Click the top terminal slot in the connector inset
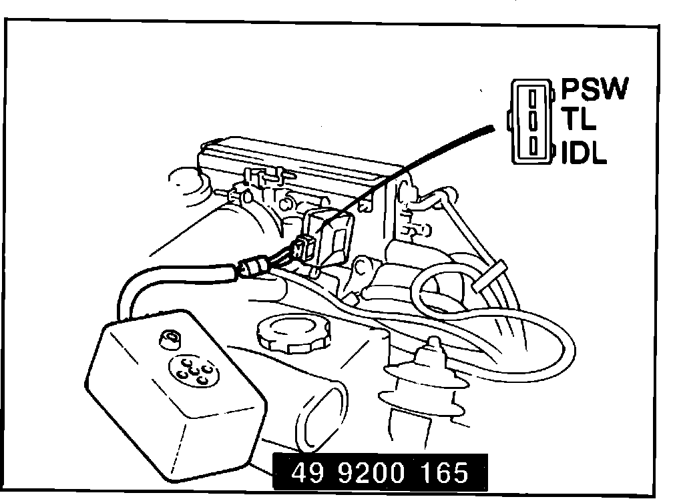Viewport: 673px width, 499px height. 533,99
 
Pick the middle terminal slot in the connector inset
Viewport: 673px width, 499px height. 533,121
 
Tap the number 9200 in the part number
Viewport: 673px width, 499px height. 370,473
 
